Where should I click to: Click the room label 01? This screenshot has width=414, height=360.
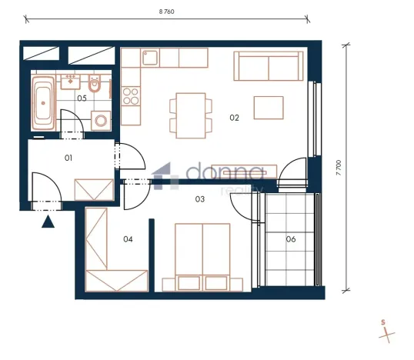pyautogui.click(x=68, y=158)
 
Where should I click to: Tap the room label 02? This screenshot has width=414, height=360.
pyautogui.click(x=235, y=118)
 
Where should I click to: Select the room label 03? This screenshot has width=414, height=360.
pyautogui.click(x=200, y=200)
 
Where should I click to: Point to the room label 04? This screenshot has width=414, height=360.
pyautogui.click(x=129, y=239)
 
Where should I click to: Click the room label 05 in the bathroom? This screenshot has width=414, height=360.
pyautogui.click(x=81, y=98)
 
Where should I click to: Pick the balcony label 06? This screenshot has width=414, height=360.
pyautogui.click(x=291, y=239)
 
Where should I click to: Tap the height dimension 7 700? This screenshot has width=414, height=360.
pyautogui.click(x=338, y=168)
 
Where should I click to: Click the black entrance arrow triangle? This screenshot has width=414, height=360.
pyautogui.click(x=48, y=222)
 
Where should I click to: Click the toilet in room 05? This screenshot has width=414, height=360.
pyautogui.click(x=95, y=85)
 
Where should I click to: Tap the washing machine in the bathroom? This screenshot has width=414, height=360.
pyautogui.click(x=100, y=121)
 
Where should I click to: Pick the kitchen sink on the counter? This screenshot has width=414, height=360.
pyautogui.click(x=150, y=58)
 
